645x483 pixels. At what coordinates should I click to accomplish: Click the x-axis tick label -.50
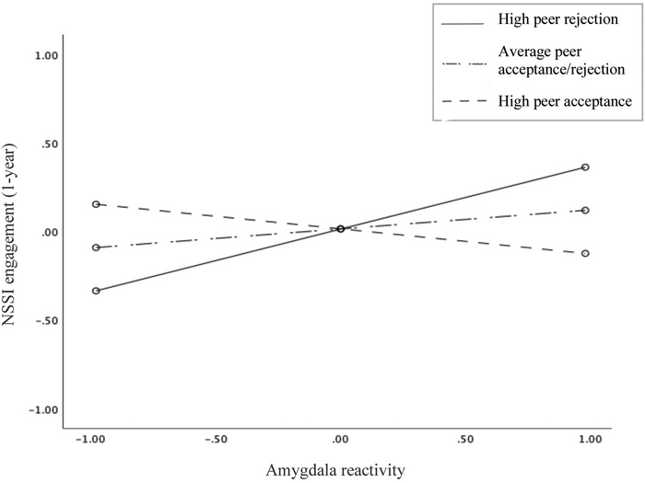coord(217,440)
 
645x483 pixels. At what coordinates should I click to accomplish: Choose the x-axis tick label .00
coord(341,440)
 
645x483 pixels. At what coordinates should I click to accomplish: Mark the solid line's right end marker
coord(585,167)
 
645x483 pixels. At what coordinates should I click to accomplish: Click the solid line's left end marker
coord(96,291)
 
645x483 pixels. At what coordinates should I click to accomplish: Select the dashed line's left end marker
coord(96,204)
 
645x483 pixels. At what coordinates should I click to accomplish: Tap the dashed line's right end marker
coord(585,253)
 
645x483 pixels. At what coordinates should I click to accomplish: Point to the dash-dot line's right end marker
coord(585,211)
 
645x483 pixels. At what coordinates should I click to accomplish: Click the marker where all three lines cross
coord(341,229)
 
